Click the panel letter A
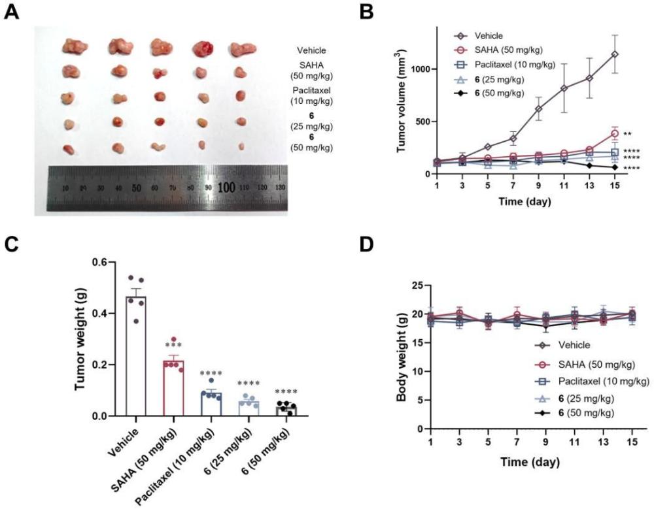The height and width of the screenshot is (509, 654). pyautogui.click(x=12, y=12)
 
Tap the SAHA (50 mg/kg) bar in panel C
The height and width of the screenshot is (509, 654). pyautogui.click(x=173, y=388)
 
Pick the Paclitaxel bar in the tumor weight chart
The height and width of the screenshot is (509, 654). pyautogui.click(x=211, y=404)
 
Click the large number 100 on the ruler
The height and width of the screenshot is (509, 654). pyautogui.click(x=226, y=187)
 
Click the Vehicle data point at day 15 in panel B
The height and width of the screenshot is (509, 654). pyautogui.click(x=614, y=54)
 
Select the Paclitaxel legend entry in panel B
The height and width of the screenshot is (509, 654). pyautogui.click(x=505, y=65)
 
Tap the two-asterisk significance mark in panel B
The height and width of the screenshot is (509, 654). pyautogui.click(x=627, y=134)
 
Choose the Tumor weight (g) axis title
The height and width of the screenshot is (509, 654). pyautogui.click(x=80, y=338)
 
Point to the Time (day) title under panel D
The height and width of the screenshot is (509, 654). pyautogui.click(x=530, y=462)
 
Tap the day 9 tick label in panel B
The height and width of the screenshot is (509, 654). pyautogui.click(x=538, y=185)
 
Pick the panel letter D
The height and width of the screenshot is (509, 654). pyautogui.click(x=367, y=245)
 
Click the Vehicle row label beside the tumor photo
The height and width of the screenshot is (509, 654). pyautogui.click(x=311, y=50)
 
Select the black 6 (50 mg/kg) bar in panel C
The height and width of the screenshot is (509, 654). pyautogui.click(x=286, y=410)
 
